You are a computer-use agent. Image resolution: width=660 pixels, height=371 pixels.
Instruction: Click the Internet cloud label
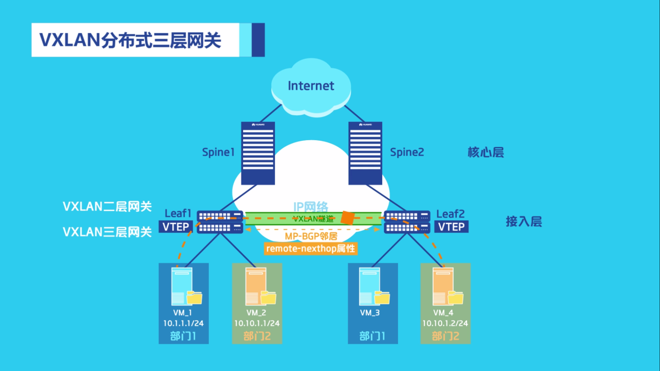coord(311,86)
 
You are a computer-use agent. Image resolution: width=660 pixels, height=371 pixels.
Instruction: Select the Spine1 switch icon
coord(258,153)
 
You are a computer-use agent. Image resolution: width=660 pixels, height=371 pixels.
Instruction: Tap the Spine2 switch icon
coord(365,153)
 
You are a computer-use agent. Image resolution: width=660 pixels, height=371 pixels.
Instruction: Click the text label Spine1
coord(218,152)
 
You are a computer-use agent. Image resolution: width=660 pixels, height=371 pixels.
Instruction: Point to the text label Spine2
coord(407,152)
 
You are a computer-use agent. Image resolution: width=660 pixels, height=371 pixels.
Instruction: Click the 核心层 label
coord(486,152)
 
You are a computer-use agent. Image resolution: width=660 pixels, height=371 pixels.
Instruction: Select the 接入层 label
coord(524,221)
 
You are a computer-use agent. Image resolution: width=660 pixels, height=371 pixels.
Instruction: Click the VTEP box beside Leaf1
coord(175,227)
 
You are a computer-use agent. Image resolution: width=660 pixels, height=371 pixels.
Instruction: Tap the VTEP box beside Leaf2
coord(451,227)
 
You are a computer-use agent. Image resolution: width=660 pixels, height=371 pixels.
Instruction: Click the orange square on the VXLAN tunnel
coord(347,218)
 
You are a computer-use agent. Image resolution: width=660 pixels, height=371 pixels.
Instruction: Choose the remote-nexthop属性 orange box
coord(311,248)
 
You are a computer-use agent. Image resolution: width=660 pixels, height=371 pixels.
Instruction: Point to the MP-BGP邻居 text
coord(311,236)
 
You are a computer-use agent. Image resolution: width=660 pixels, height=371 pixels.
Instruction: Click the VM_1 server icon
coord(182,286)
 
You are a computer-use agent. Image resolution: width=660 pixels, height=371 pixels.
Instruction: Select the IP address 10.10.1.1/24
coord(257,323)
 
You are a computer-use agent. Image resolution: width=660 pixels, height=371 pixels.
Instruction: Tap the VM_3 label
coord(370,313)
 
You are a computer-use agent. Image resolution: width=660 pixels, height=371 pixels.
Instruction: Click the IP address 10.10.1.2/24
coord(445,323)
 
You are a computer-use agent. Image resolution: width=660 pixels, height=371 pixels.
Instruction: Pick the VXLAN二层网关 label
coord(107,207)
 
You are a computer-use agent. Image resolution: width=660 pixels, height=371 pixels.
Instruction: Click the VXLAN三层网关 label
coord(107,232)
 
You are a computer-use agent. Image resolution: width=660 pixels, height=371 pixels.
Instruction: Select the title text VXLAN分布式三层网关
coord(130,40)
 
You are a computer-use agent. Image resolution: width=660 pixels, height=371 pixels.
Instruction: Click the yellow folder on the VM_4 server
coord(456,298)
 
